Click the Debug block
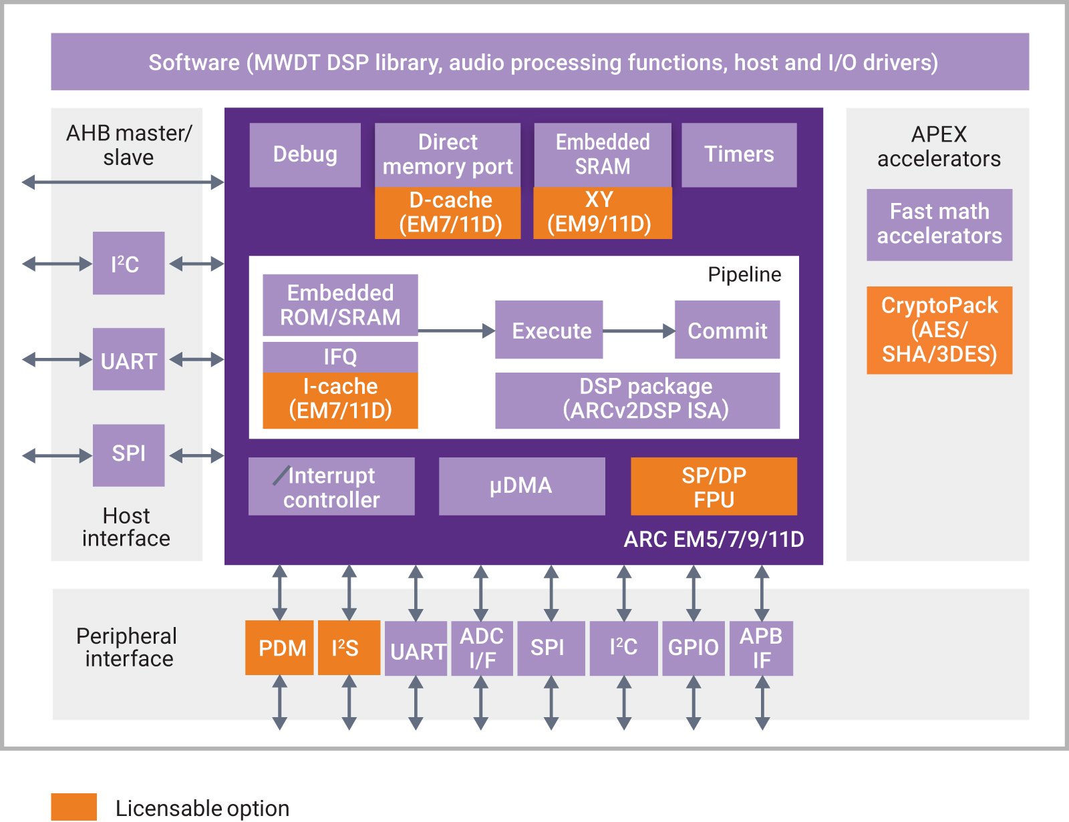coord(305,154)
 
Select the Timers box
coord(738,154)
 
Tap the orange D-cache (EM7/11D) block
coord(448,212)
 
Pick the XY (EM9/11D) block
coord(602,212)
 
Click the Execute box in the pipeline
coord(549,330)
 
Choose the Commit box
coord(727,330)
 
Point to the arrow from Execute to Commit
coord(639,331)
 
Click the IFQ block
coord(340,357)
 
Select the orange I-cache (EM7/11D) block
coord(340,399)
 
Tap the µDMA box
coord(521,485)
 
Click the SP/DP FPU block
coord(714,486)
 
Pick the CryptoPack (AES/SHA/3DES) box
coord(939,330)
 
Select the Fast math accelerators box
coord(939,224)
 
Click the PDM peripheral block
coord(279,648)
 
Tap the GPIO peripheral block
coord(693,648)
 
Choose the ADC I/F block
coord(481,648)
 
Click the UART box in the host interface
coord(128,359)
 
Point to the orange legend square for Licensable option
coord(73,807)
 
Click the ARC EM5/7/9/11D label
coord(714,540)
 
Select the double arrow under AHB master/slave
coord(123,182)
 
